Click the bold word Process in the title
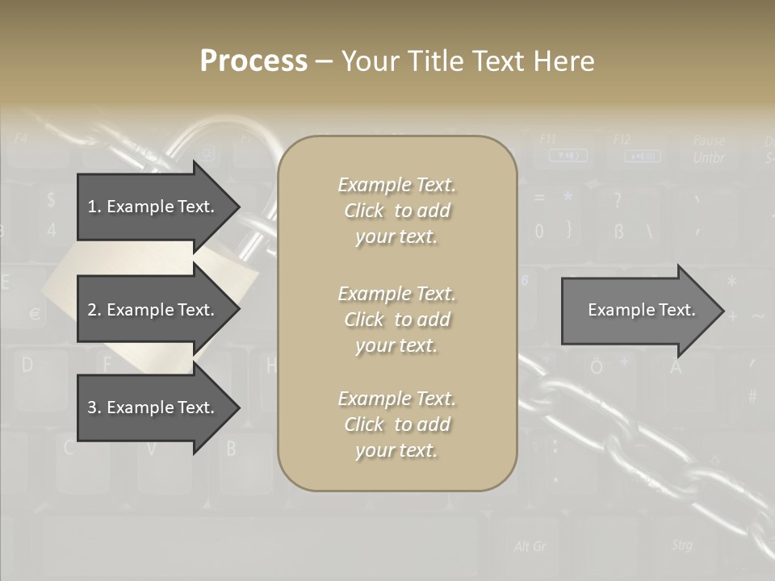point(253,61)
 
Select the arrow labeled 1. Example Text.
point(153,207)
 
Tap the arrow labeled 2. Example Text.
point(153,310)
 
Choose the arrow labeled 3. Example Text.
point(153,408)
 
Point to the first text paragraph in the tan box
point(396,211)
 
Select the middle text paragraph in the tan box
point(396,320)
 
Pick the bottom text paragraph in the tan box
point(396,424)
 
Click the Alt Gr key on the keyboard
point(530,546)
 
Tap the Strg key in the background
point(682,545)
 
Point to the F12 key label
point(622,140)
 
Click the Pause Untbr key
point(708,149)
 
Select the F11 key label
point(547,139)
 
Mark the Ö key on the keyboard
point(596,367)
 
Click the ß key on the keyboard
point(619,232)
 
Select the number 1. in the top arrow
point(94,207)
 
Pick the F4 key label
point(21,137)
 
